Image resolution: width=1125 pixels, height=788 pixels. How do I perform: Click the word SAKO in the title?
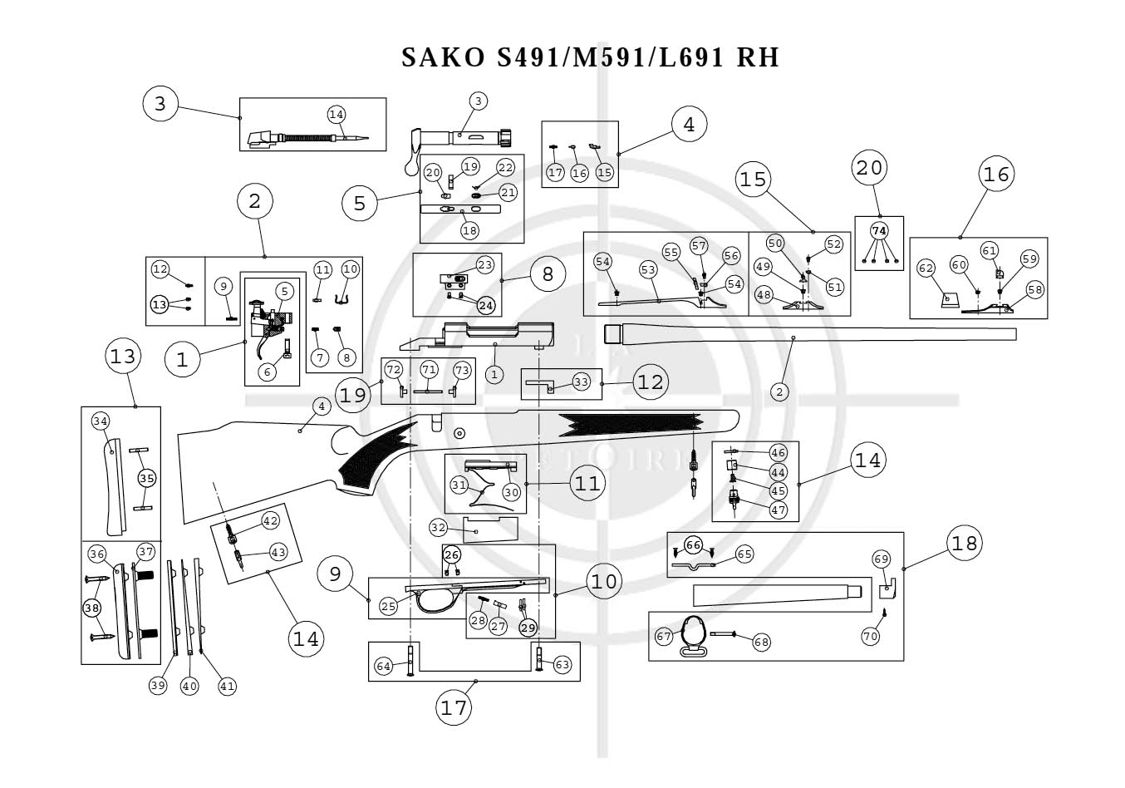pos(443,57)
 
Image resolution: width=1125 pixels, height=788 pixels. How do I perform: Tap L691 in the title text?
pos(691,57)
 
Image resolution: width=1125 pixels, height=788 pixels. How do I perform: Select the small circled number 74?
pos(879,231)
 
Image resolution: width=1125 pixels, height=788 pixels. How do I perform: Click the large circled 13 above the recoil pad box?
pos(123,357)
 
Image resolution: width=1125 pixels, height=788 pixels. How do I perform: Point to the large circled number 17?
pos(454,708)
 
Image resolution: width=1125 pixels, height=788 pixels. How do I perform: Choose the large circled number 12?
pos(651,382)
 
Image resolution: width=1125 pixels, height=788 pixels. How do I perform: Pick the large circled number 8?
pos(548,274)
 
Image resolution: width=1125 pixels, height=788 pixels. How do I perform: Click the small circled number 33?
pos(581,382)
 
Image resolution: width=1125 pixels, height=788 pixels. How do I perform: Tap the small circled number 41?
pos(227,686)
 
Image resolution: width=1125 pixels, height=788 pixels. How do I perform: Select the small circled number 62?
pos(926,268)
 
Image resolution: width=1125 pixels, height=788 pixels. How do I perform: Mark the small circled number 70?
pos(870,637)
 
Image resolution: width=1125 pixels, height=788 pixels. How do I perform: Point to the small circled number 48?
pos(764,294)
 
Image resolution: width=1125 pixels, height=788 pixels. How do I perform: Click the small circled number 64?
pos(383,667)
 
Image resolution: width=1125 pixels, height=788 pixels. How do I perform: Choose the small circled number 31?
pos(459,485)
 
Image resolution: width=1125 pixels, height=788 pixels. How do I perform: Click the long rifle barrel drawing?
pos(808,333)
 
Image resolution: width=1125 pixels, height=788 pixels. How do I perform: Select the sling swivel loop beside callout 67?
pos(694,652)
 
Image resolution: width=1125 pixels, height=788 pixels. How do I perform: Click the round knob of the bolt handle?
pos(411,166)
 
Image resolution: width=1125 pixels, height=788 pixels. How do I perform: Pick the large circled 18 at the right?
pos(965,544)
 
